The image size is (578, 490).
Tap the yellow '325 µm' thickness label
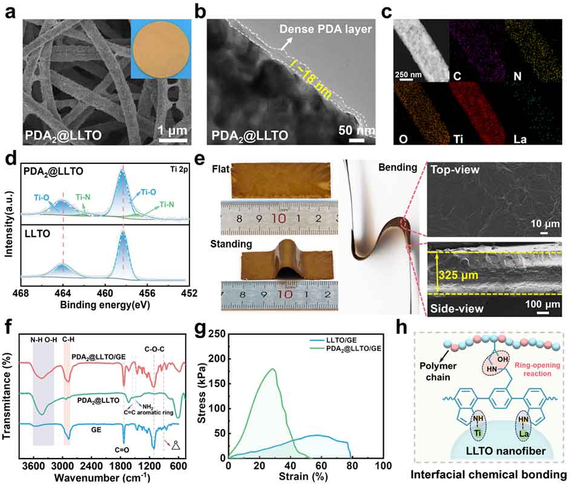click(462, 273)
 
